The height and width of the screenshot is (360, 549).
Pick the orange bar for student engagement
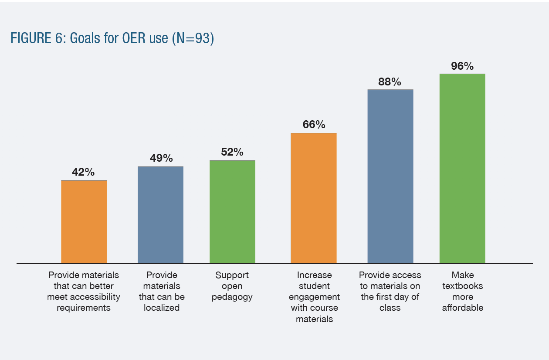313,198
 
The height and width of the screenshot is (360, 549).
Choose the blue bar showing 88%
390,176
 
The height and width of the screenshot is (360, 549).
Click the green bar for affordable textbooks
462,168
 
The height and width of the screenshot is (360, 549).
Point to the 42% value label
83,172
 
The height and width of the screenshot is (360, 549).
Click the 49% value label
161,158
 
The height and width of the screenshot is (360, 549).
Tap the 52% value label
232,152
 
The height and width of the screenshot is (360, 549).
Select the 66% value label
314,125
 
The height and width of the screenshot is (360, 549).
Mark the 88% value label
390,82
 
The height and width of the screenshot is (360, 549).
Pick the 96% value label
462,66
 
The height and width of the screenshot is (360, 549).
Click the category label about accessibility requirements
84,291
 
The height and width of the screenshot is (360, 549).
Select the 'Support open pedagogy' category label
232,286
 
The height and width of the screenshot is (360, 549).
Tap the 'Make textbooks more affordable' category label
462,291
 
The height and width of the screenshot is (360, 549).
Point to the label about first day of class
390,291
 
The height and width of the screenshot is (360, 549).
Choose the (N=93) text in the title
193,38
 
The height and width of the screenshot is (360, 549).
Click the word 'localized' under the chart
162,308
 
